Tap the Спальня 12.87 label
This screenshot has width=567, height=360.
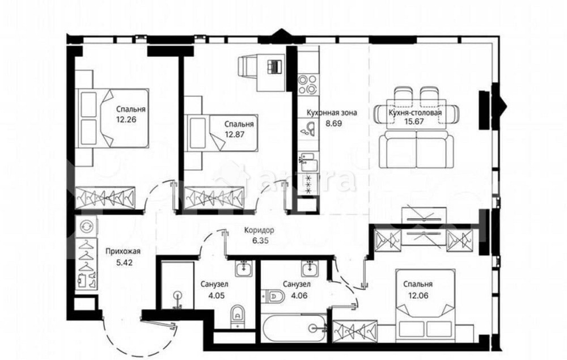coord(238,128)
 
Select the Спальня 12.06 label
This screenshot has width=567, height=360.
coord(418,289)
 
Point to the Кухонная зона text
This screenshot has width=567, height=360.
coord(331,112)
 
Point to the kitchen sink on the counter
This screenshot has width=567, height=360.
coord(307,131)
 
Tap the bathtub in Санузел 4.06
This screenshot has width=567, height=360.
coord(295,327)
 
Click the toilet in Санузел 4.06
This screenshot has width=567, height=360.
coord(273,295)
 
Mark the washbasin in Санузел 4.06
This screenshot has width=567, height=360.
coord(310,267)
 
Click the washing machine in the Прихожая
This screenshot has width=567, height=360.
coord(87,226)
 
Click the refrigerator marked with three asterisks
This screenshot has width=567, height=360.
coord(308,184)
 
